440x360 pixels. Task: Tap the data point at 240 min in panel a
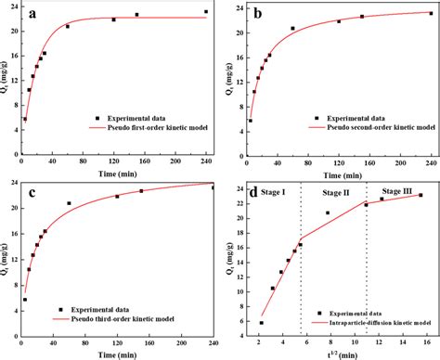(206, 12)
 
